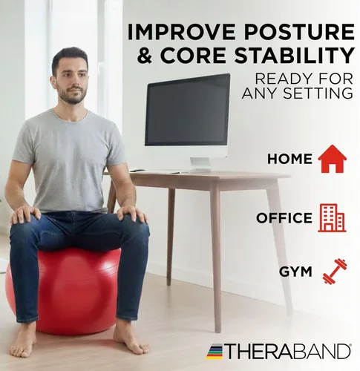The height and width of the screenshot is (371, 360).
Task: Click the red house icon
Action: pos(332,158)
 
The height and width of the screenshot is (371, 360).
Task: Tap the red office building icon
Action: pos(332,217)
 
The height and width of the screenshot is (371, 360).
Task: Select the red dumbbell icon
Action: pos(335,271)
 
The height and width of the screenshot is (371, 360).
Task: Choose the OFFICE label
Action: pos(284,218)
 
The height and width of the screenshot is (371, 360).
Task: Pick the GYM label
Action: pos(295,272)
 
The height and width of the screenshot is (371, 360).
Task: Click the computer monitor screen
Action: pos(187,109)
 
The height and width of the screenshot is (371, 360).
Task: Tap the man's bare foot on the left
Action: pos(24,341)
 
